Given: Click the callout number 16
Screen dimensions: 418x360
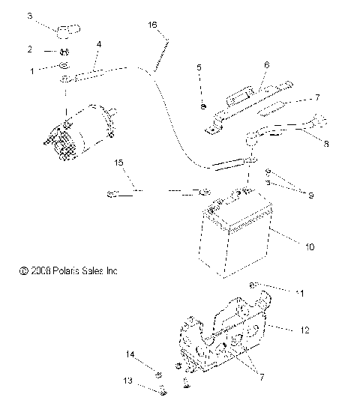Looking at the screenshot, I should click(x=153, y=25).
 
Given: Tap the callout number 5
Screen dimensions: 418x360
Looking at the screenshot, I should click(x=199, y=67).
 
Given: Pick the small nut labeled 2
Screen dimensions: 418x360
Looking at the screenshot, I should click(x=65, y=51).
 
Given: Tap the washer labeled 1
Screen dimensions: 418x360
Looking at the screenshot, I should click(x=65, y=70).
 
